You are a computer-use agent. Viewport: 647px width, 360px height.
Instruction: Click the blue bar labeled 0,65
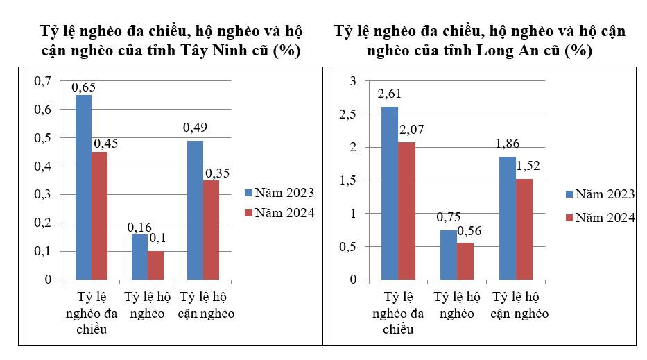(83, 187)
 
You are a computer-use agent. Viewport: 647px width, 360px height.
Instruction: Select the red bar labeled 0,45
(100, 216)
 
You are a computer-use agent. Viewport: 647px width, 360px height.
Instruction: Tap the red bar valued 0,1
(155, 265)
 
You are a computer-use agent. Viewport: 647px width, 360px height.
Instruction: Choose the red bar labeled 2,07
(406, 211)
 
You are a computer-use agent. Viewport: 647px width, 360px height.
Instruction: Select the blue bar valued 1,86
(507, 218)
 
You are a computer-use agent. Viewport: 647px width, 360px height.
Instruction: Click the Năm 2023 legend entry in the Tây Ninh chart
(279, 192)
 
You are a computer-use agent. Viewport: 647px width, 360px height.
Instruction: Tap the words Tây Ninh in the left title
(210, 51)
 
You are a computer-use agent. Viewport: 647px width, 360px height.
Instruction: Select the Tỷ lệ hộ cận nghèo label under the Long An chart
(519, 305)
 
